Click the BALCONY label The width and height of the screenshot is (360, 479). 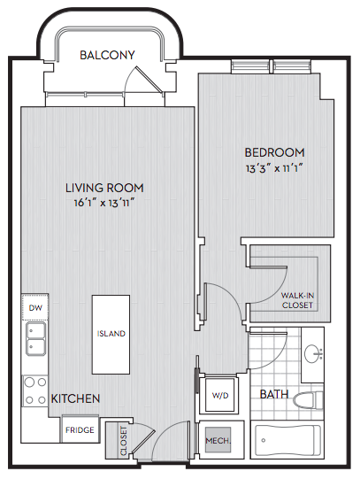(x=107, y=55)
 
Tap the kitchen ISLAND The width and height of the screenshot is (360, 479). (x=111, y=334)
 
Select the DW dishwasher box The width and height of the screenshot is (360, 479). (x=35, y=307)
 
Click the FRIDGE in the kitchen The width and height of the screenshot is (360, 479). (x=80, y=429)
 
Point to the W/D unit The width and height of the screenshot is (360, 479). (x=220, y=395)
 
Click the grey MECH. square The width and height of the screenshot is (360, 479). (x=218, y=440)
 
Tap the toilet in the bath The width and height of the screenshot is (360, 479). (x=308, y=399)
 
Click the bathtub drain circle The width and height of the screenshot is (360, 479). (x=263, y=440)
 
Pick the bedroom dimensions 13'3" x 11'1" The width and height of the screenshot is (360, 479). (x=274, y=168)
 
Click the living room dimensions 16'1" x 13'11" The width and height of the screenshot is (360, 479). (x=104, y=202)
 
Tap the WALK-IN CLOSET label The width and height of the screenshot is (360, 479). (x=297, y=300)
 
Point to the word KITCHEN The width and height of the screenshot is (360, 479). (x=75, y=398)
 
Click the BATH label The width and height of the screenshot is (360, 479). (x=274, y=394)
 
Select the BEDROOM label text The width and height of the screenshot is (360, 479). (x=274, y=152)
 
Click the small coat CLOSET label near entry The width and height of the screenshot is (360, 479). (x=123, y=441)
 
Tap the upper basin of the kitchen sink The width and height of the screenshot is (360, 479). (x=36, y=330)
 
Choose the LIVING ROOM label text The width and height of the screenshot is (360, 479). (x=104, y=188)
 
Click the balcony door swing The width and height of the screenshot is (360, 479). (x=143, y=79)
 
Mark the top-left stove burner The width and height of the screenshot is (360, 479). (x=29, y=382)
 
